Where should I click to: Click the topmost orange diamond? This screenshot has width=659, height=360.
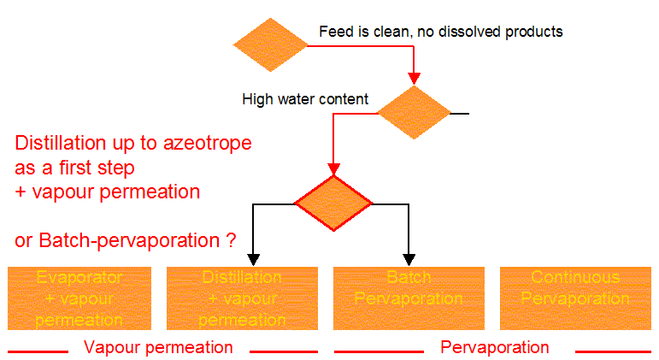point(271,44)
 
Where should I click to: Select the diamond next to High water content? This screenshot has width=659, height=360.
point(414,113)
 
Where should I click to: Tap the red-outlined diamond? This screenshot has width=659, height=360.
point(333,204)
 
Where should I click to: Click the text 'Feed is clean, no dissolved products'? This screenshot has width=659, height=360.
point(440,32)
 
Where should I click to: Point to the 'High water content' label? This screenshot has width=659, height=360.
point(305,99)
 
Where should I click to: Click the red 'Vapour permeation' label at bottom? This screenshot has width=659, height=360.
point(158,347)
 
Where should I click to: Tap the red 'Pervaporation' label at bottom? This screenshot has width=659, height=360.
point(494,347)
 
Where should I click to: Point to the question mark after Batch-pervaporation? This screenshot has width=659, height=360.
point(231,241)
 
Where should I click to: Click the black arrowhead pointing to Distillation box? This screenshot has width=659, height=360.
point(253,259)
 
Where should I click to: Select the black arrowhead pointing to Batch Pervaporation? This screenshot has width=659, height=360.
point(409,259)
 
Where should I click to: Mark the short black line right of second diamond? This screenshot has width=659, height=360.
point(460,113)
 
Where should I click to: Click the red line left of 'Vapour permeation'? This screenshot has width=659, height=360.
point(38,351)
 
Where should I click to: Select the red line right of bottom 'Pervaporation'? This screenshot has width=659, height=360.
point(612,351)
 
